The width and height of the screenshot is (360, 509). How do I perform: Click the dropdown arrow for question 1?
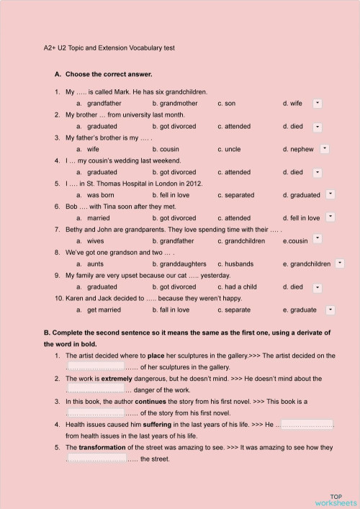point(318,104)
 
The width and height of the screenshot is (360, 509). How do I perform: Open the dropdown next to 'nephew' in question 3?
point(325,149)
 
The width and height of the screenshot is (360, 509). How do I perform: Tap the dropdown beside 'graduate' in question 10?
point(330,310)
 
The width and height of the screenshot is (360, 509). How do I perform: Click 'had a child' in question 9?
point(240,287)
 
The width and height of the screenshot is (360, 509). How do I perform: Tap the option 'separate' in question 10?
point(238,310)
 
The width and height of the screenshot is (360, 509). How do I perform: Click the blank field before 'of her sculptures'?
point(95,366)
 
